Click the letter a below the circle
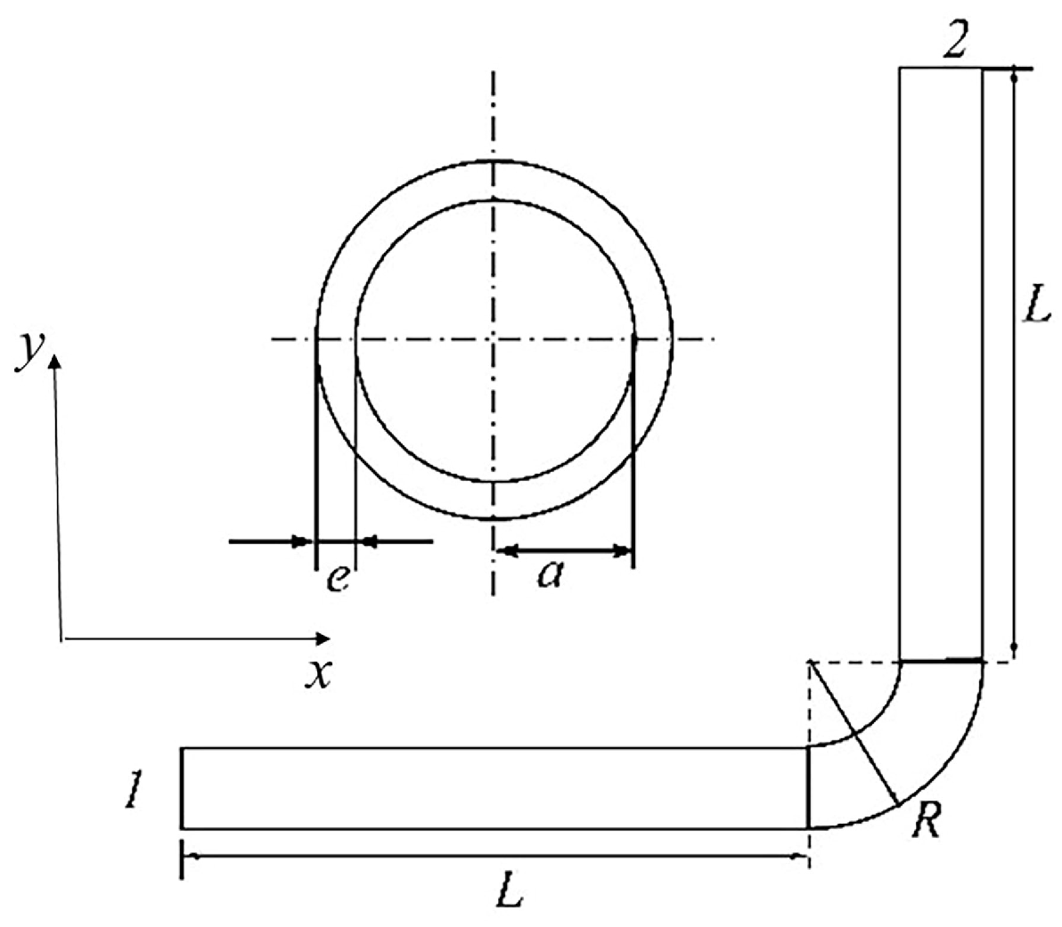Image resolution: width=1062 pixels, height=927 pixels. pyautogui.click(x=551, y=576)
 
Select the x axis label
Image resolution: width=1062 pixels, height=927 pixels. pyautogui.click(x=317, y=674)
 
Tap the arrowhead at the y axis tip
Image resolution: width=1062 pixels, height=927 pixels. pyautogui.click(x=55, y=359)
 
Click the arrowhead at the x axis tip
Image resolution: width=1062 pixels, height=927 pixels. pyautogui.click(x=323, y=638)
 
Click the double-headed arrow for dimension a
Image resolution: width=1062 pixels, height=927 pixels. pyautogui.click(x=562, y=551)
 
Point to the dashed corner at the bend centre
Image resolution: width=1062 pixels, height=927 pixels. pyautogui.click(x=809, y=662)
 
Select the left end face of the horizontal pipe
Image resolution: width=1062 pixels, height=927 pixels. pyautogui.click(x=182, y=788)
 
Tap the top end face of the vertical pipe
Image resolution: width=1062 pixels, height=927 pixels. pyautogui.click(x=941, y=68)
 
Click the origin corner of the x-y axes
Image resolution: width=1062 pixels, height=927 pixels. pyautogui.click(x=61, y=638)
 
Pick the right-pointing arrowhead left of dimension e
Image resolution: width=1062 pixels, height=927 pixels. pyautogui.click(x=302, y=541)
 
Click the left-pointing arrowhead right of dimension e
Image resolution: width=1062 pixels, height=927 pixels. pyautogui.click(x=368, y=541)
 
